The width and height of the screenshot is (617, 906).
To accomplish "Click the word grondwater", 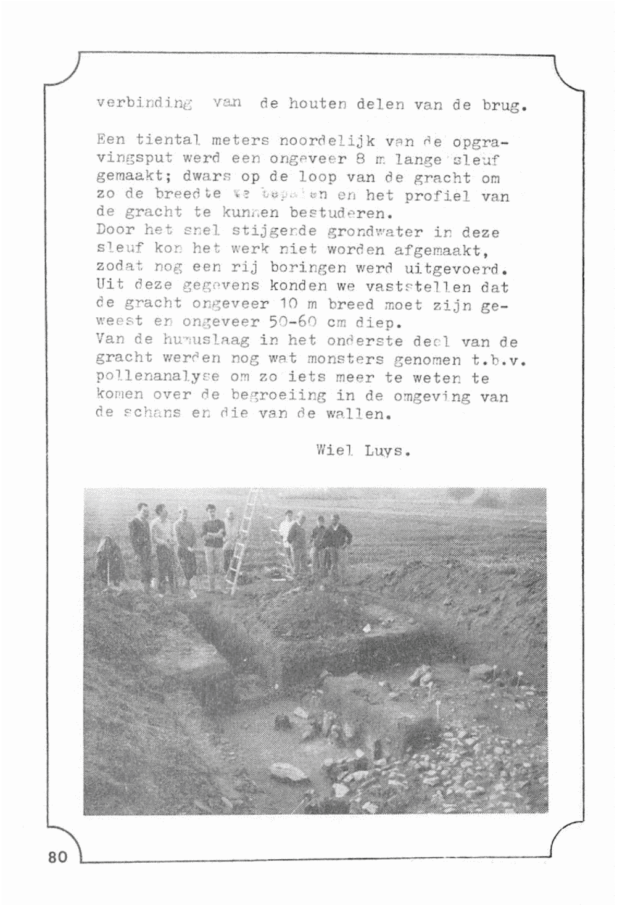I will point(375,233).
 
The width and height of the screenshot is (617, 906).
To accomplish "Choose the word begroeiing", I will point(279,395).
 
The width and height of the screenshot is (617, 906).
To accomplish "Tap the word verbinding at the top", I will point(144,103).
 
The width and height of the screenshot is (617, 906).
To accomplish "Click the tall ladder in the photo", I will point(243,543).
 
